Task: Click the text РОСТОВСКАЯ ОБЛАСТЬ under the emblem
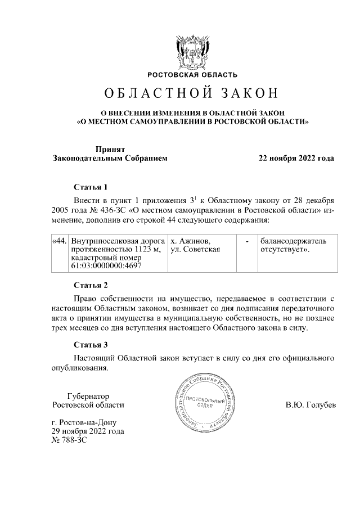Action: [x=192, y=75]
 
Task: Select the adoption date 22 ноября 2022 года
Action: [x=296, y=158]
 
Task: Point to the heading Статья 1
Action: [x=91, y=187]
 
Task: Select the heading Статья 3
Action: [x=91, y=344]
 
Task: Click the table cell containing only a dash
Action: [x=247, y=241]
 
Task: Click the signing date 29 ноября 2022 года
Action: [x=88, y=432]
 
